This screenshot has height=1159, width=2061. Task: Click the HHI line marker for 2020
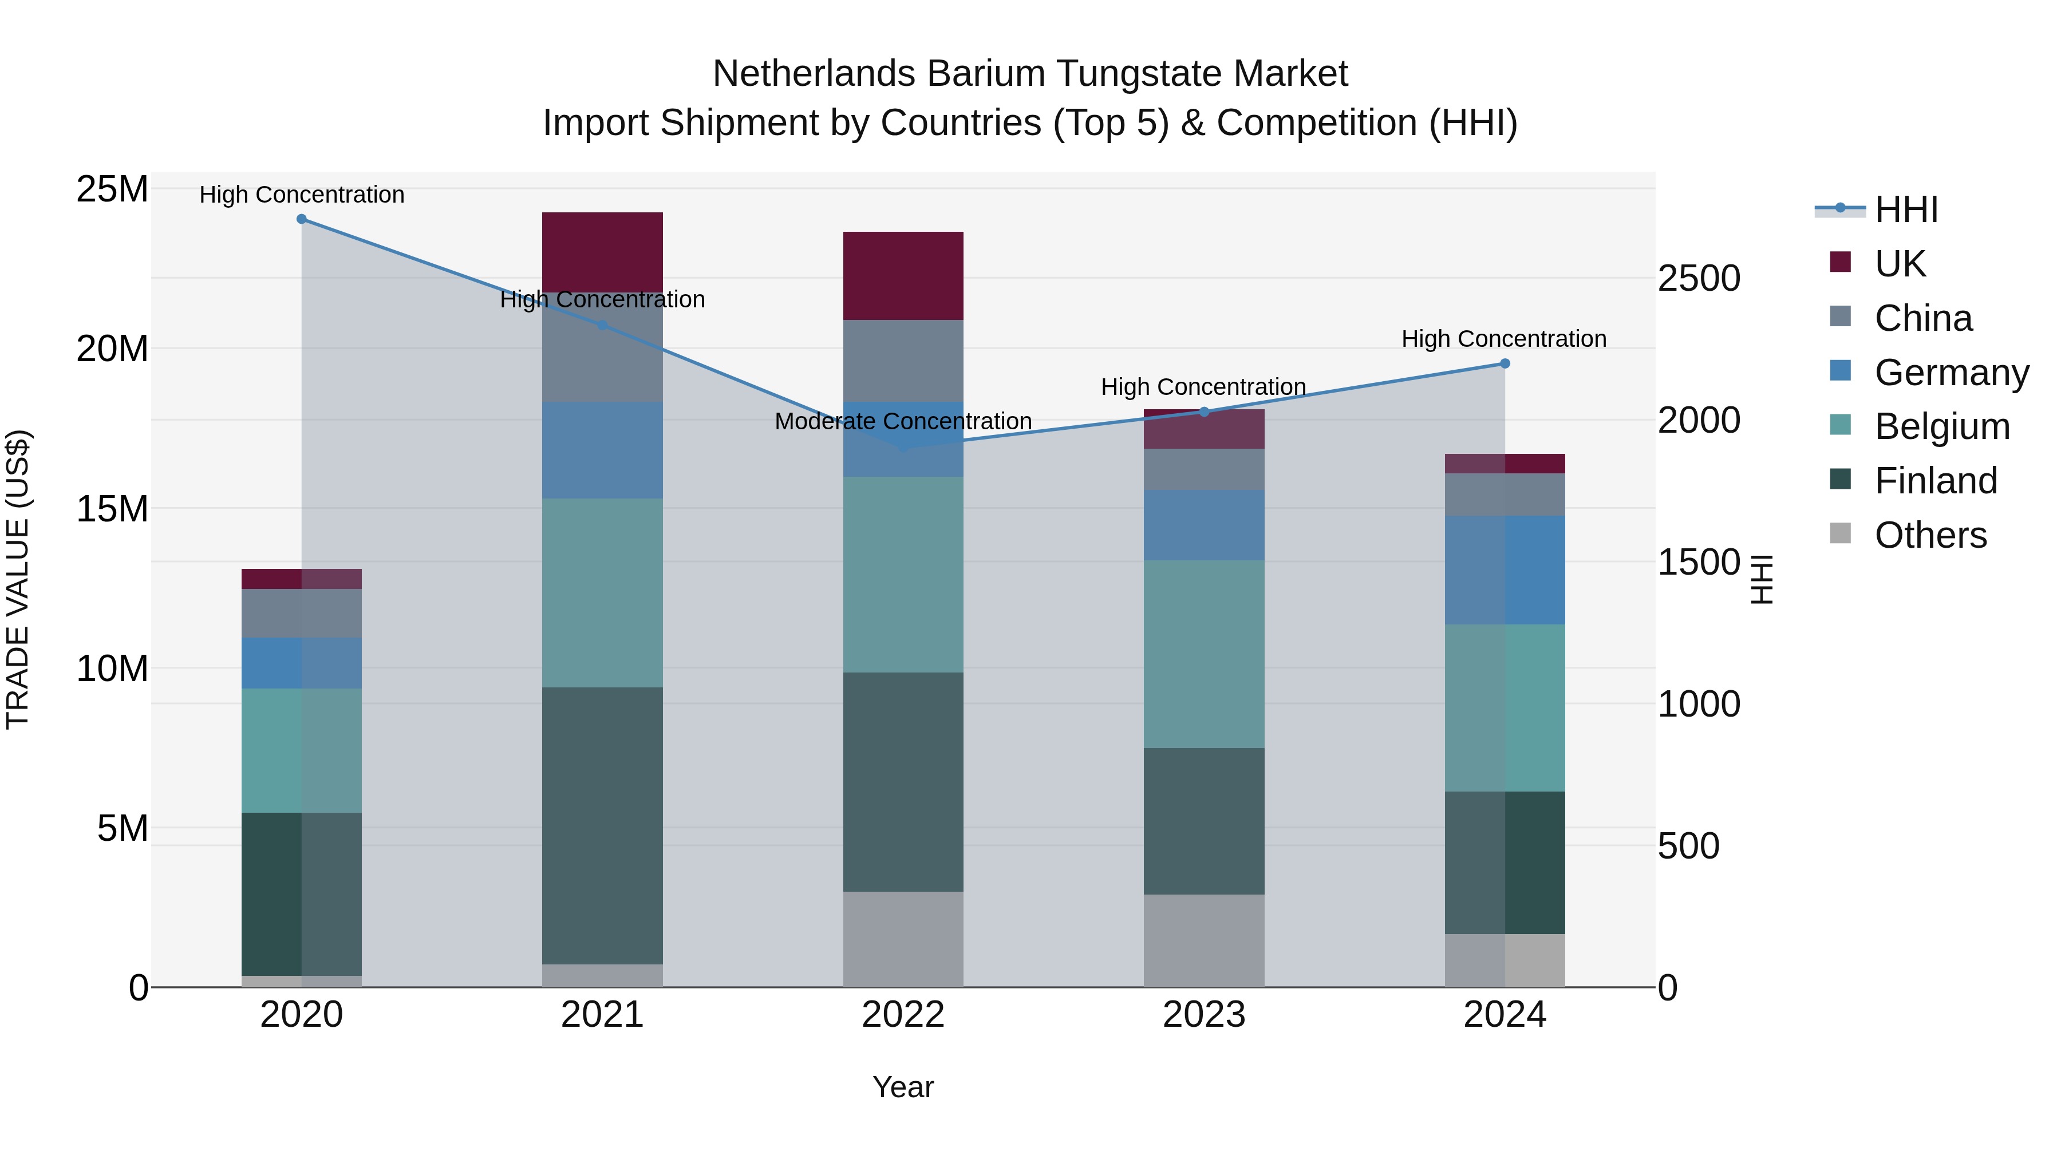click(302, 219)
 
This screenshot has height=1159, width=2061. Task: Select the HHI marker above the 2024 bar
click(1504, 364)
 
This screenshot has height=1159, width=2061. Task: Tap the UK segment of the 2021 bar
click(602, 252)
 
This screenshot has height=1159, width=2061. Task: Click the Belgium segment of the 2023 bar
click(1203, 654)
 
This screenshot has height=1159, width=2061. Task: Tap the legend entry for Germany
click(1951, 373)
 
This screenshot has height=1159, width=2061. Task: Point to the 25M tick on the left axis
click(112, 191)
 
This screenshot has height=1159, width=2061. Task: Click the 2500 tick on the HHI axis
click(1699, 279)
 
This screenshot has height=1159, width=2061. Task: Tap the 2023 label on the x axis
click(1203, 1015)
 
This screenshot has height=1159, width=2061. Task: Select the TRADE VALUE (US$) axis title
click(18, 579)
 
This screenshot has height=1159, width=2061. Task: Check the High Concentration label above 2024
click(1503, 339)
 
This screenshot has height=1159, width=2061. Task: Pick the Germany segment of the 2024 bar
click(1504, 569)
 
